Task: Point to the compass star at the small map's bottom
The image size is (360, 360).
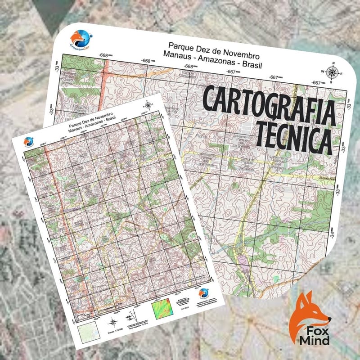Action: [112, 322]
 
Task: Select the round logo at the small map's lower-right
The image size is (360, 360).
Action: [204, 293]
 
